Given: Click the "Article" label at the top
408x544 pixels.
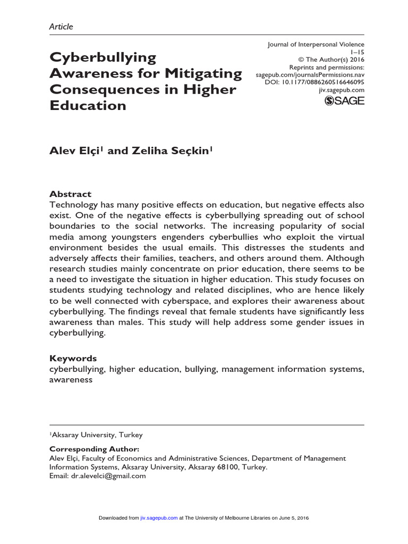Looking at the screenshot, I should coord(61,26).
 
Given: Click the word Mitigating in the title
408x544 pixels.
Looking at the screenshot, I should coord(205,73).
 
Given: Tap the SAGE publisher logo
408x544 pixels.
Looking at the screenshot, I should coord(344,101).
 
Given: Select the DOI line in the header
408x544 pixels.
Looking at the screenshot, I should coord(314,83).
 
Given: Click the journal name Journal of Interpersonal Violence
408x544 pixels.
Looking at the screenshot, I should coord(316,45).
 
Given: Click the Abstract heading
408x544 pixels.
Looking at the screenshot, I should coord(70,194).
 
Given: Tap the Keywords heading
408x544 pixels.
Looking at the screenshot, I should coord(73,358).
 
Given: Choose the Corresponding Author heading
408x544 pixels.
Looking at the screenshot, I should coord(94,449).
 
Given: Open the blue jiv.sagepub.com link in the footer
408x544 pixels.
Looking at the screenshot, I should coord(159,518).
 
